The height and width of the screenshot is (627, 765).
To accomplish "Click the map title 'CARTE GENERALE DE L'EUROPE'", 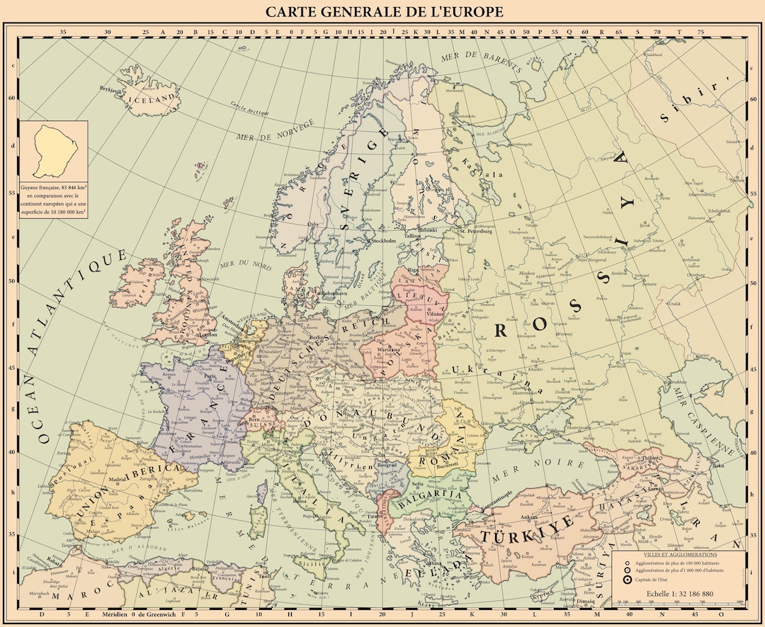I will coord(384,12).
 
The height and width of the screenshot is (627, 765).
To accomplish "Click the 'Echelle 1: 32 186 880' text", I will coord(679,593).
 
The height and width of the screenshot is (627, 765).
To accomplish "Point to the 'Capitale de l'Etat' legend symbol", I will coord(628,580).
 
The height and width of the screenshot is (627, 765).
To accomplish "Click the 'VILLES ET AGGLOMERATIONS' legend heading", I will coord(680,554).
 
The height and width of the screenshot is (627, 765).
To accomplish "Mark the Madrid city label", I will coord(118,478).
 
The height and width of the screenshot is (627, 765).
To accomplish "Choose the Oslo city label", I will coord(312,224).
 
